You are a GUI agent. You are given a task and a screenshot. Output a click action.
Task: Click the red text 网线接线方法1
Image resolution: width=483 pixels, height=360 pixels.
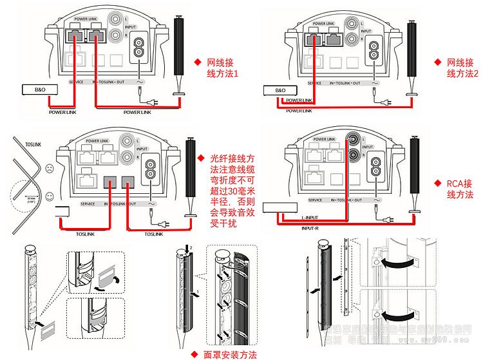223,69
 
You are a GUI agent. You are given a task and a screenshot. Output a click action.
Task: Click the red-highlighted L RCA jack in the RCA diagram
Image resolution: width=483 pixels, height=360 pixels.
353,138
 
